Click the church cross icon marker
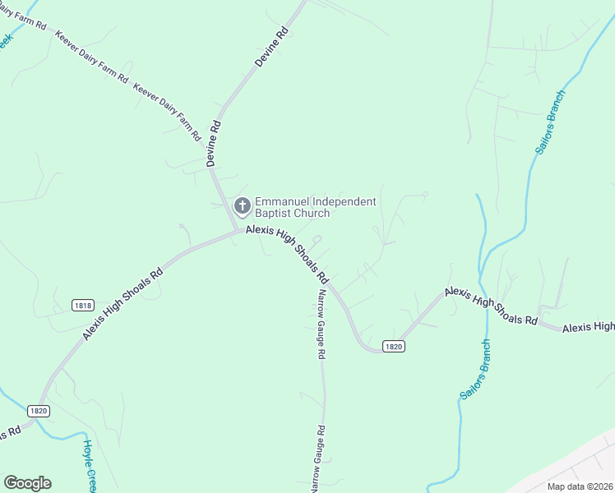tap(243, 205)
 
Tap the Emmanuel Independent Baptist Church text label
tap(315, 207)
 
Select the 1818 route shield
tap(82, 305)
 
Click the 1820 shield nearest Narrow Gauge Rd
tap(394, 347)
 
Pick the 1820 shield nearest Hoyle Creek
tap(38, 411)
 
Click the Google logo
tap(27, 482)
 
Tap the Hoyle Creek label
tap(89, 465)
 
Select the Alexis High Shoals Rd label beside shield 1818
tap(123, 303)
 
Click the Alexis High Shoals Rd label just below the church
tap(287, 254)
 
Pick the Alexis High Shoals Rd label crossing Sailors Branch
tap(491, 306)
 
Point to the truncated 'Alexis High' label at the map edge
tap(588, 327)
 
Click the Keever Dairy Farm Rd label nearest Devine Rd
tap(167, 111)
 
